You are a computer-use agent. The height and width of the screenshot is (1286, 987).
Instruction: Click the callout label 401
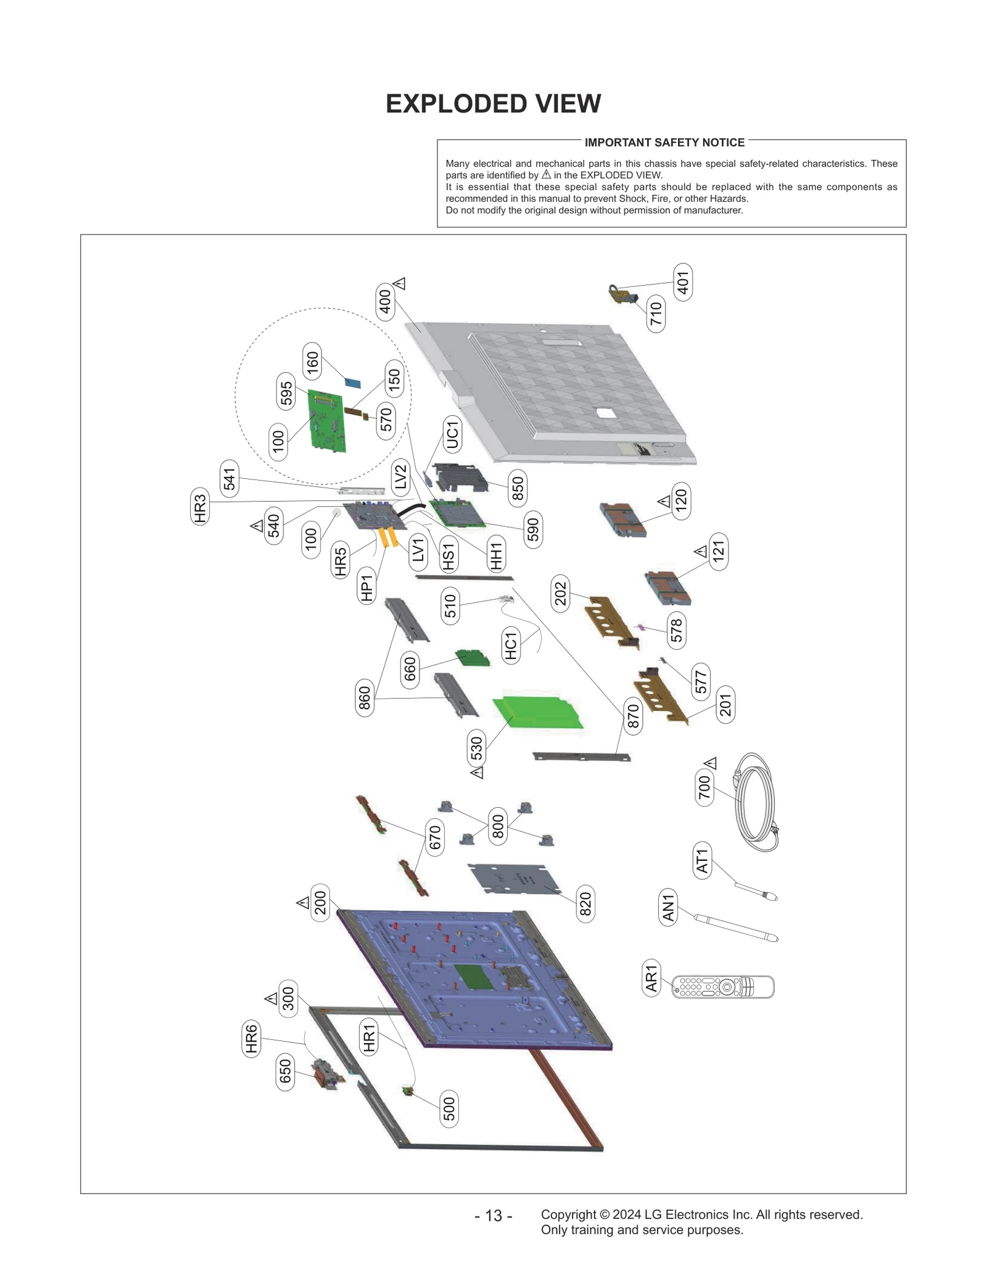tap(682, 283)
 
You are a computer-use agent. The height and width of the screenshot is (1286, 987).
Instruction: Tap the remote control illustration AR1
tap(722, 987)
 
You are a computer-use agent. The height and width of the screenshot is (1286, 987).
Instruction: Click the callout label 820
tap(585, 904)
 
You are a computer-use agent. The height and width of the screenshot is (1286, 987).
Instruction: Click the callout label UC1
tap(452, 434)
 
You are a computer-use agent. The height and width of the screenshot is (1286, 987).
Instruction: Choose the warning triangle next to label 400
tap(400, 284)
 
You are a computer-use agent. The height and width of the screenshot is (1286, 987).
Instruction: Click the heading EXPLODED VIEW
tap(493, 104)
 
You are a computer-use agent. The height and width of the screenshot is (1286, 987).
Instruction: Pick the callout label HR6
tap(250, 1039)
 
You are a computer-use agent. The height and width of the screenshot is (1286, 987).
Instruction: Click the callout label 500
tap(449, 1109)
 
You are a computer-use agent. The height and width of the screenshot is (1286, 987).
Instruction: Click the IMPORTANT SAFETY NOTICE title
tap(664, 143)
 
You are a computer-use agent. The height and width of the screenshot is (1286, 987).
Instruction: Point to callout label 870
tap(633, 716)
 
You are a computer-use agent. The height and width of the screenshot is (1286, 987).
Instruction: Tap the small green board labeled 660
tap(473, 658)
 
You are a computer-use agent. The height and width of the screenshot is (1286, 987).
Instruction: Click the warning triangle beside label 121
tap(700, 551)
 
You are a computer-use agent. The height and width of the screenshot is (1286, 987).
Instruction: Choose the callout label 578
tap(677, 630)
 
